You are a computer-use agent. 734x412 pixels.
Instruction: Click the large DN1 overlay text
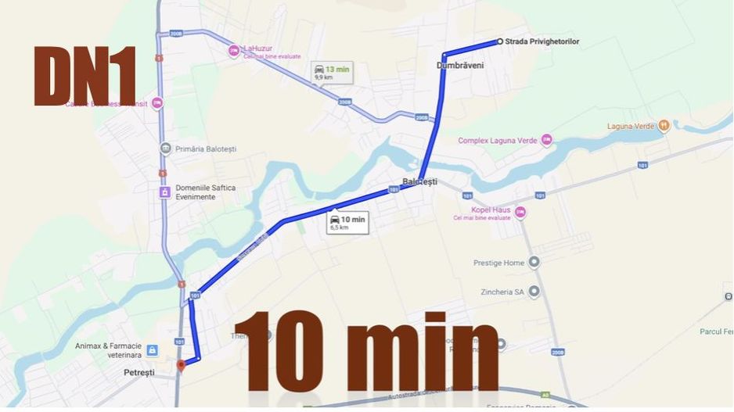pyautogui.click(x=85, y=76)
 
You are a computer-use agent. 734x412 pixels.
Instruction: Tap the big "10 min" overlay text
pyautogui.click(x=366, y=350)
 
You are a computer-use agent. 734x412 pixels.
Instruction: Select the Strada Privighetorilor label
pyautogui.click(x=542, y=41)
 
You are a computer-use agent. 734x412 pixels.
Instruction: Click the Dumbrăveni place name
pyautogui.click(x=460, y=66)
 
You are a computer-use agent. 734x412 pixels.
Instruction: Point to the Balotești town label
pyautogui.click(x=419, y=181)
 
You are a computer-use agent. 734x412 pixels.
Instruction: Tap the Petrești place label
pyautogui.click(x=139, y=373)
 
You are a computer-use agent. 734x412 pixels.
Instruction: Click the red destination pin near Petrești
pyautogui.click(x=182, y=366)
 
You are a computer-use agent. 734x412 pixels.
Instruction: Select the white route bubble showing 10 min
pyautogui.click(x=347, y=223)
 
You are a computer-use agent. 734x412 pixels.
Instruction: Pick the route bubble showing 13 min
pyautogui.click(x=331, y=73)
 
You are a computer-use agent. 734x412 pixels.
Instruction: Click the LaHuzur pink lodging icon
pyautogui.click(x=233, y=52)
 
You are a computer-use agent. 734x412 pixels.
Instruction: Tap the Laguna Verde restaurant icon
pyautogui.click(x=664, y=125)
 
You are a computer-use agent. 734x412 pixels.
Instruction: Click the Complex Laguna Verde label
pyautogui.click(x=498, y=141)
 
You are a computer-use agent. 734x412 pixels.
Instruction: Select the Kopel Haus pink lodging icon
pyautogui.click(x=520, y=212)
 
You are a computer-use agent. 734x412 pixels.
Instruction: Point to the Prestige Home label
pyautogui.click(x=498, y=263)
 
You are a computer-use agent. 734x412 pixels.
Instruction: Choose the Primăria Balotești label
pyautogui.click(x=206, y=149)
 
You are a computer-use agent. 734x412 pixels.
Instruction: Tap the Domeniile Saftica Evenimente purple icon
pyautogui.click(x=164, y=192)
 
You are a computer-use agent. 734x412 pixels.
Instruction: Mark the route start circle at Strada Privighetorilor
pyautogui.click(x=499, y=41)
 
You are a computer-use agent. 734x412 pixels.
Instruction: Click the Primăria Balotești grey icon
pyautogui.click(x=164, y=149)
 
